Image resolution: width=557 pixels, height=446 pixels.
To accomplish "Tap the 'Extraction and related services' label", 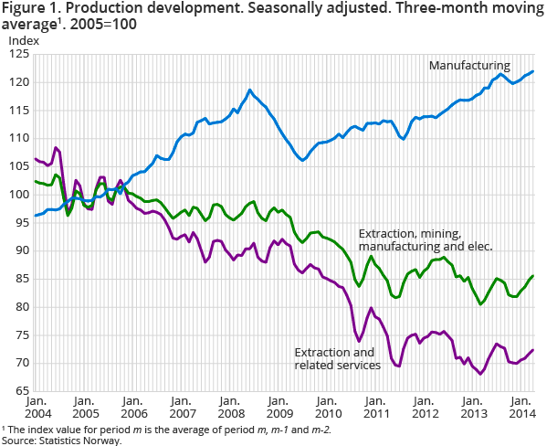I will click(x=337, y=359).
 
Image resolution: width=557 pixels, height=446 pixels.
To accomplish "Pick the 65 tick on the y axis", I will click(x=21, y=391).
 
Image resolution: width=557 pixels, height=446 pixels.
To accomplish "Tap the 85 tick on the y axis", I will click(x=21, y=279).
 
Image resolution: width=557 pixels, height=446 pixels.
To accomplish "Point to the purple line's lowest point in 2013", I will click(x=480, y=374).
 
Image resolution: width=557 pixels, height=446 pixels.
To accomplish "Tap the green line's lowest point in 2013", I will click(x=481, y=303).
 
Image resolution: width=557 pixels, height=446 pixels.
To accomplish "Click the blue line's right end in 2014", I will click(x=533, y=71).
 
